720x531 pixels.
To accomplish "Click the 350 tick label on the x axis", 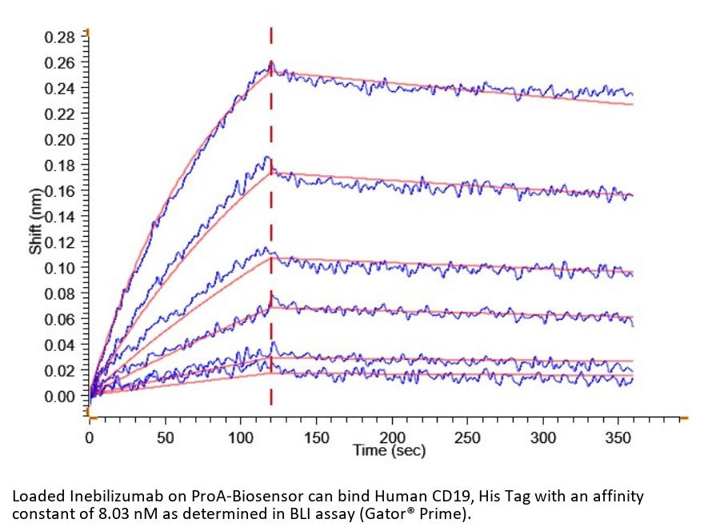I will [619, 437].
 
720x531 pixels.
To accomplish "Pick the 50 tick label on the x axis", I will [165, 437].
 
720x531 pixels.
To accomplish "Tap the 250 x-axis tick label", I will [468, 437].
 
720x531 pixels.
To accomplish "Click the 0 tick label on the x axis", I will [90, 437].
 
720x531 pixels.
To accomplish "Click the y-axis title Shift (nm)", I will [35, 221].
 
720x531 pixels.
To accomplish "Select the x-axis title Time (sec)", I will [390, 450].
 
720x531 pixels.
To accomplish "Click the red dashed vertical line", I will [271, 240].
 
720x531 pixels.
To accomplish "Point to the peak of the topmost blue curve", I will [271, 62].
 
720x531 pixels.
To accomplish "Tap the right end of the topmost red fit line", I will [633, 105].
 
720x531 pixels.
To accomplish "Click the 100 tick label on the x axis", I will [241, 437].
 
